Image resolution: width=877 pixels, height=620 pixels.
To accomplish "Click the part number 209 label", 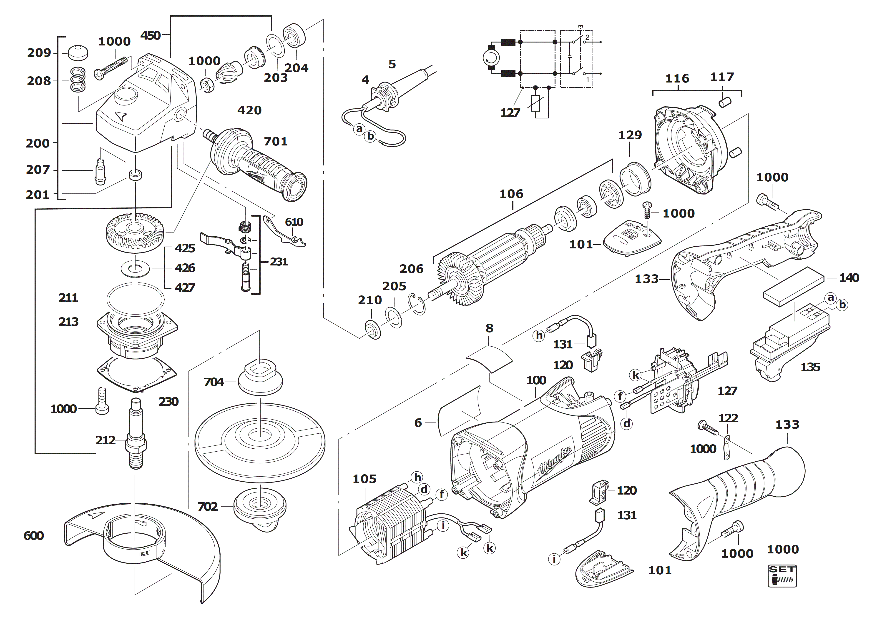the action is pyautogui.click(x=39, y=53).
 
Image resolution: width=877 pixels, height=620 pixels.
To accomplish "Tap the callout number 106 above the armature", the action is pyautogui.click(x=511, y=194).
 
